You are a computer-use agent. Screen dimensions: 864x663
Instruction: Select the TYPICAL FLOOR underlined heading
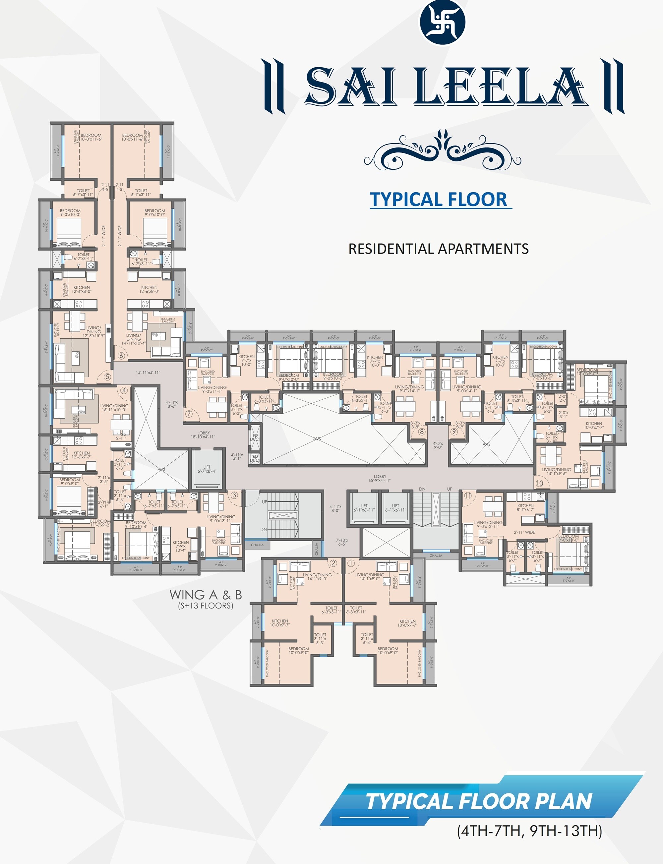tap(439, 199)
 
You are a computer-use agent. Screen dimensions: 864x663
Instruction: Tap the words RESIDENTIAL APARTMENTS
tap(438, 249)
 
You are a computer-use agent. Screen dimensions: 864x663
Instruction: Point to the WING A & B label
tap(205, 595)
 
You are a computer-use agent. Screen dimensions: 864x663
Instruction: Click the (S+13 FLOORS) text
tap(205, 605)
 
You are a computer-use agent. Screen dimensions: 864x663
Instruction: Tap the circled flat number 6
tap(121, 356)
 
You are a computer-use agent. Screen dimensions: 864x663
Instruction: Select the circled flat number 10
tap(539, 483)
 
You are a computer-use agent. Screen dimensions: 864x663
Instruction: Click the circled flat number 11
tap(468, 495)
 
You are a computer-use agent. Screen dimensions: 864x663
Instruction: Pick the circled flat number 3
tap(234, 495)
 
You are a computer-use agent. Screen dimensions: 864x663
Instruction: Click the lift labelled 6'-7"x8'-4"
tap(207, 469)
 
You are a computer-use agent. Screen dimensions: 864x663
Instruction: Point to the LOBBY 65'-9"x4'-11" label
tap(380, 478)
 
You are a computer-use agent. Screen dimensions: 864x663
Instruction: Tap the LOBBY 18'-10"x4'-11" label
tap(203, 435)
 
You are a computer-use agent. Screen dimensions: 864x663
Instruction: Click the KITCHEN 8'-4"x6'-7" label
tap(525, 507)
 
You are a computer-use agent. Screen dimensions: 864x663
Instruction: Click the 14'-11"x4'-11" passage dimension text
tap(148, 373)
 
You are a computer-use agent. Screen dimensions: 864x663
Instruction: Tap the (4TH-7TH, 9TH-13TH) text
tap(529, 831)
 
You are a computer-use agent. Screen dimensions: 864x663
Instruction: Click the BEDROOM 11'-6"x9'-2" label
tap(100, 523)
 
